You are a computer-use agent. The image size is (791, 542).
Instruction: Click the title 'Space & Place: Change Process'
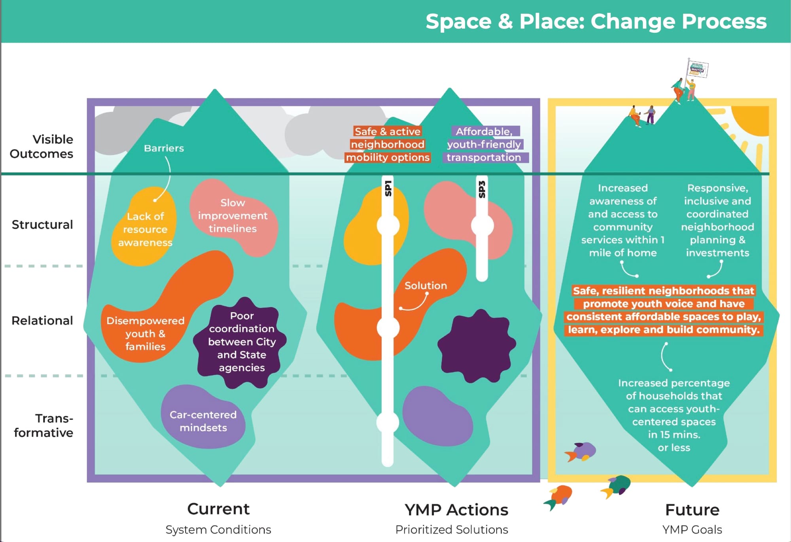[x=596, y=21]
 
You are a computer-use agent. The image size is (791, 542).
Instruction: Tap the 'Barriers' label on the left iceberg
[x=164, y=148]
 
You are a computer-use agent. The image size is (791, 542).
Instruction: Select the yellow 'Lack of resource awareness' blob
[x=145, y=229]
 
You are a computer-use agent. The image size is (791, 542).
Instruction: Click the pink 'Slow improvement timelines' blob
[x=233, y=216]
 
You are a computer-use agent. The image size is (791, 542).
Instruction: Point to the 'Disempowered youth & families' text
[x=145, y=334]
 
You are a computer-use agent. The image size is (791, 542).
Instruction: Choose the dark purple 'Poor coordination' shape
[x=242, y=342]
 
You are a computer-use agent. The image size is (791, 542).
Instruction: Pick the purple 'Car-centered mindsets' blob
[x=203, y=421]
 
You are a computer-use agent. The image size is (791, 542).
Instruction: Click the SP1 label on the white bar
[x=388, y=188]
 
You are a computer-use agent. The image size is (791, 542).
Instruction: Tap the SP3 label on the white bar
[x=482, y=189]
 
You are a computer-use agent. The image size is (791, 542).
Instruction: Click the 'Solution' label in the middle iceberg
[x=426, y=285]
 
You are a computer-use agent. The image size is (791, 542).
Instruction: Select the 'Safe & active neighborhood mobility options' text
[x=388, y=144]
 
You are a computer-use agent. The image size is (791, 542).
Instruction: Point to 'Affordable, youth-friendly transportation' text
[x=484, y=144]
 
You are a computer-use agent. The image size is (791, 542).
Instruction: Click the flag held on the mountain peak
[x=697, y=69]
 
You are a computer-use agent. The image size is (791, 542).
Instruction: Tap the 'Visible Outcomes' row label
[x=42, y=146]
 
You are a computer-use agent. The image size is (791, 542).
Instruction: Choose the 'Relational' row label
[x=42, y=321]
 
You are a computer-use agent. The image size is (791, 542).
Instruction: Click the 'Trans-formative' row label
[x=44, y=425]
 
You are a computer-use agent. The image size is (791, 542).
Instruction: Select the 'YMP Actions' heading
[x=456, y=510]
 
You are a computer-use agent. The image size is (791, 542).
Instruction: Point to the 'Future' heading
[x=692, y=510]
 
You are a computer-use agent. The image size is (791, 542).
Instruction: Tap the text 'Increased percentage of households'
[x=674, y=389]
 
